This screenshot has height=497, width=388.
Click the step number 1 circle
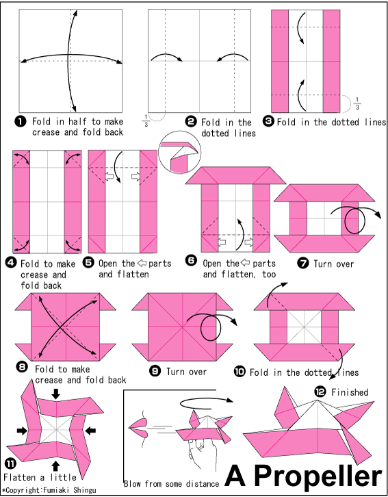tap(21, 120)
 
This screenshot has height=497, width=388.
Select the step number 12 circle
tap(320, 392)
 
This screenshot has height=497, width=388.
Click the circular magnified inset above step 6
tap(179, 153)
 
